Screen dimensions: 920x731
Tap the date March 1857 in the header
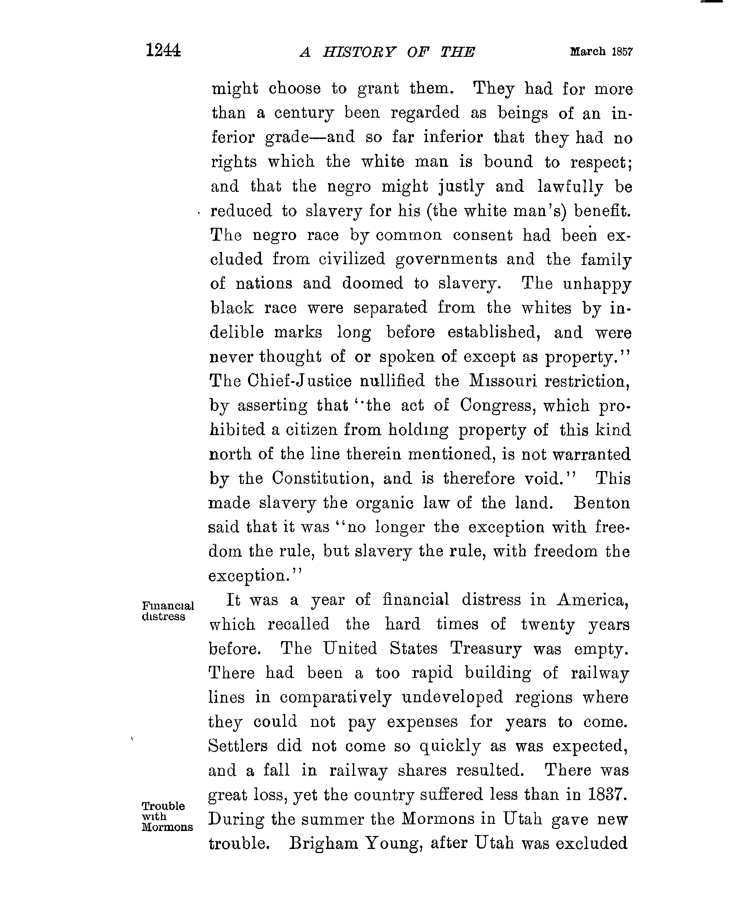(x=601, y=52)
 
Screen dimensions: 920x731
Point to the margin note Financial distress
(x=167, y=611)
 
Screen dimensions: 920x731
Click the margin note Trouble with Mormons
(x=166, y=816)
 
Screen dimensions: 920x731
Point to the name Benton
(x=602, y=503)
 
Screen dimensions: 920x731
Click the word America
(x=592, y=600)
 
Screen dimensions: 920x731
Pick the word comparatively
(x=336, y=697)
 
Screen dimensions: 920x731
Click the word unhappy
(x=596, y=284)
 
